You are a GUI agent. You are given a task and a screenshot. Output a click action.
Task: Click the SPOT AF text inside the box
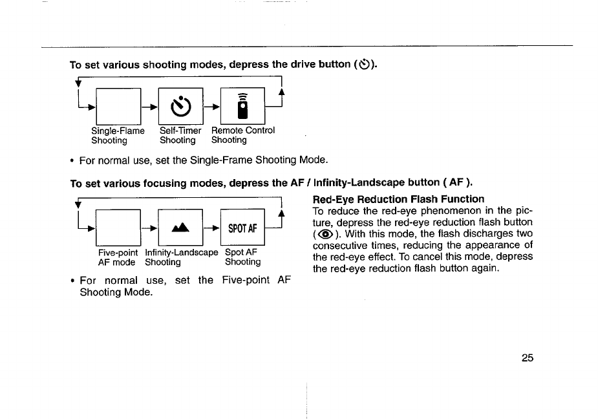[243, 228]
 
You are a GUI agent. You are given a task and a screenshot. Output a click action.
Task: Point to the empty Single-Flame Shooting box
[119, 105]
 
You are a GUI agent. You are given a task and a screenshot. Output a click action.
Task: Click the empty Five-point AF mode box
[119, 228]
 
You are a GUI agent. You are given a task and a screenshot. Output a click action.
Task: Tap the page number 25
[527, 359]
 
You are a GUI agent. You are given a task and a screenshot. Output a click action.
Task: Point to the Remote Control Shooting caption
[243, 135]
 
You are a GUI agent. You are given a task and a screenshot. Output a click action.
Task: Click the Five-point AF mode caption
[117, 257]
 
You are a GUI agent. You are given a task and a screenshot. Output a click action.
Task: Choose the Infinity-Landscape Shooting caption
[181, 257]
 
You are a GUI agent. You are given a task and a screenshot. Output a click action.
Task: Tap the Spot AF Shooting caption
[242, 257]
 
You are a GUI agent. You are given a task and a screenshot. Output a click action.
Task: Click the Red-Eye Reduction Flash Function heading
[398, 199]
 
